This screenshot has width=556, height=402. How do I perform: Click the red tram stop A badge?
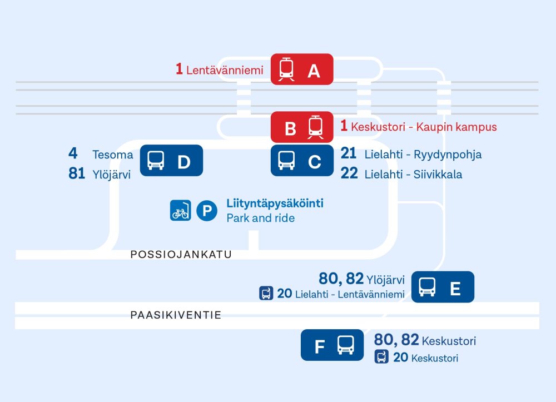(x=302, y=69)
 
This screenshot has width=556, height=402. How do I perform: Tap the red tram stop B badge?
(x=302, y=127)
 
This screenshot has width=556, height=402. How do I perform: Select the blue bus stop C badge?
(x=302, y=161)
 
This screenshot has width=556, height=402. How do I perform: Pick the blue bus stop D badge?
(x=171, y=161)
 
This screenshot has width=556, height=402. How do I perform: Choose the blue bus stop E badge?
(x=443, y=287)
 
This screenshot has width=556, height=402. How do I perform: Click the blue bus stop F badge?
(x=332, y=345)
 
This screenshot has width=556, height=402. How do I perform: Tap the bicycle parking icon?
(x=181, y=211)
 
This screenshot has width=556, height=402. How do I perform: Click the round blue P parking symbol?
(x=207, y=211)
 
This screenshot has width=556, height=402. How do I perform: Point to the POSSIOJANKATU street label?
(x=181, y=255)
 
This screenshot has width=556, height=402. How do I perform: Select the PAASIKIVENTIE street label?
(x=176, y=315)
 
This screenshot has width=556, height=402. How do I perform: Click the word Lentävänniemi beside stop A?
(x=225, y=70)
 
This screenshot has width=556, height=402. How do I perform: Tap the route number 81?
(x=77, y=173)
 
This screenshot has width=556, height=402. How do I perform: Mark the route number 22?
(x=349, y=173)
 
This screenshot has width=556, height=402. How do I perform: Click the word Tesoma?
(x=113, y=155)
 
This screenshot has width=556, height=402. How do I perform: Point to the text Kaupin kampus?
(x=456, y=127)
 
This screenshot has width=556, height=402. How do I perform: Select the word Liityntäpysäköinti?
(x=275, y=204)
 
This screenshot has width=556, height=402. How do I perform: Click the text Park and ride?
(x=261, y=218)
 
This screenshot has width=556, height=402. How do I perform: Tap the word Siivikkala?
(x=438, y=175)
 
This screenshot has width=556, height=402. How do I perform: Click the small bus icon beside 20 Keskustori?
(x=381, y=356)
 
